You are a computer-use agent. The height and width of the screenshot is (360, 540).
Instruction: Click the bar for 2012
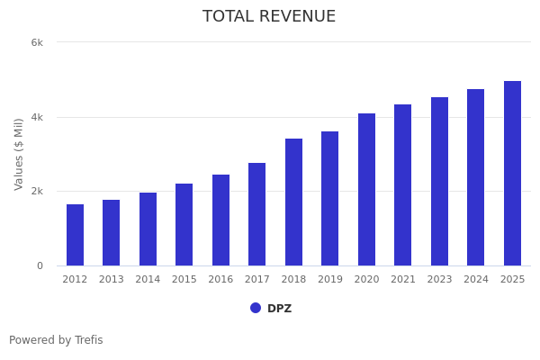[75, 235]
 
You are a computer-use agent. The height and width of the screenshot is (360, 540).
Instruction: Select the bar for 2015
[184, 225]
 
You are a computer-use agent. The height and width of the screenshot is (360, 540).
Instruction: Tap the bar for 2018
[293, 202]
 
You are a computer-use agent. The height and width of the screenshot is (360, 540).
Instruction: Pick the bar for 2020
[366, 190]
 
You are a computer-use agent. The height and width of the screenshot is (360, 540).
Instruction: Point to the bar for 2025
[512, 174]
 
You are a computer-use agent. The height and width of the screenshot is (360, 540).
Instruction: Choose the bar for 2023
[439, 182]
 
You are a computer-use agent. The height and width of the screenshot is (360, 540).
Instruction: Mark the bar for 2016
[220, 220]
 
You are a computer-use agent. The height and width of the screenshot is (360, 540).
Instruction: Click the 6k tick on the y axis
[37, 42]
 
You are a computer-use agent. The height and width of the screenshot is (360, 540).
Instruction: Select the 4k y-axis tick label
[37, 117]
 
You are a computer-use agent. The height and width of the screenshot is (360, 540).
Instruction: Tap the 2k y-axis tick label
[37, 192]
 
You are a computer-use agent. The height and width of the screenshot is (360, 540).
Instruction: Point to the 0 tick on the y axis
[40, 265]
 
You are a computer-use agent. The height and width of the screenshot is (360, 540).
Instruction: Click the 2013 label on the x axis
[111, 280]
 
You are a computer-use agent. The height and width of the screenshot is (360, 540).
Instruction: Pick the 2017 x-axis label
[257, 280]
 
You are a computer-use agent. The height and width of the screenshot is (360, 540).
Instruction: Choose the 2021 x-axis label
[403, 280]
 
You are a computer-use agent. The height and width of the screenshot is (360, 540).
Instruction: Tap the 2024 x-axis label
[476, 280]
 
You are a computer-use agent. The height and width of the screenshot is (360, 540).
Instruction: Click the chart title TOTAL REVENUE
[269, 17]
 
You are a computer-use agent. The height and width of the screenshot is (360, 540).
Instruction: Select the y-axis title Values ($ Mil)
[19, 154]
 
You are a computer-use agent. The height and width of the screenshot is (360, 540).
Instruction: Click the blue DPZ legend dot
[256, 308]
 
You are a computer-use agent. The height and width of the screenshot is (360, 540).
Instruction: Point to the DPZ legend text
[279, 309]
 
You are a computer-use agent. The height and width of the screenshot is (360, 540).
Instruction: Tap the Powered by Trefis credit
[56, 340]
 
